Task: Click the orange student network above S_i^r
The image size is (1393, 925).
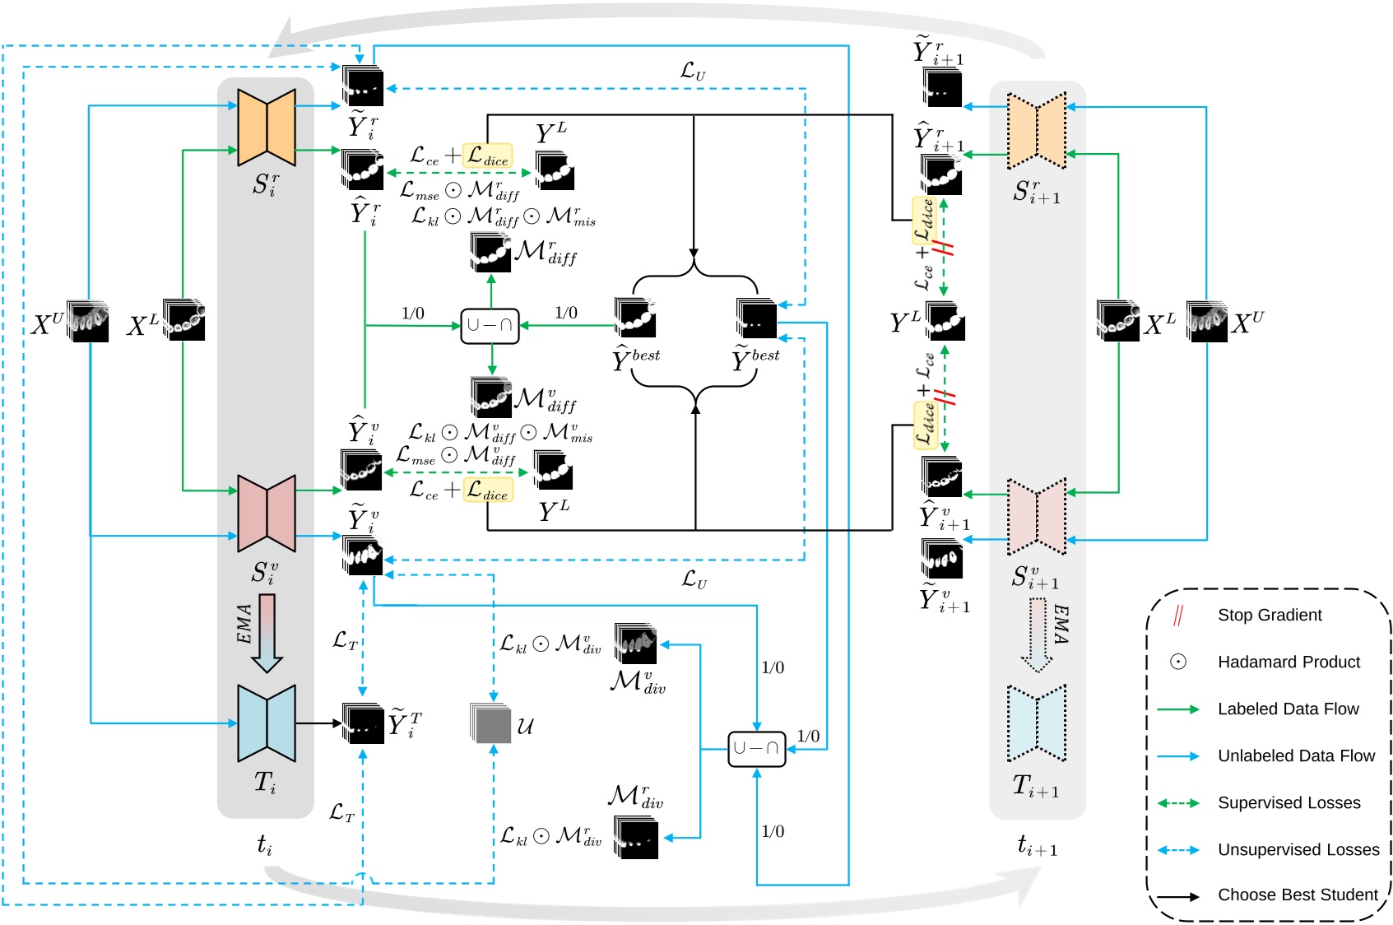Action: pyautogui.click(x=266, y=128)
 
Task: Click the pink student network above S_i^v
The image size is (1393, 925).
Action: pyautogui.click(x=266, y=513)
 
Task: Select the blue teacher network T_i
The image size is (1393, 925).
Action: pyautogui.click(x=266, y=723)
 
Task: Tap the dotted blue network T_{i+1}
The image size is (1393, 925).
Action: pyautogui.click(x=1036, y=723)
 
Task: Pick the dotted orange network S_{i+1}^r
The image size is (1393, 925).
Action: pyautogui.click(x=1036, y=132)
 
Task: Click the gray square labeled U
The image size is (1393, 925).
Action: pyautogui.click(x=491, y=723)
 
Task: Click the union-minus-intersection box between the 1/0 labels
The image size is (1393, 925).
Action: pyautogui.click(x=490, y=325)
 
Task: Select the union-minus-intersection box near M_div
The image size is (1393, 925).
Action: pyautogui.click(x=756, y=748)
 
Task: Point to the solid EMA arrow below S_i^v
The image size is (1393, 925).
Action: pyautogui.click(x=267, y=632)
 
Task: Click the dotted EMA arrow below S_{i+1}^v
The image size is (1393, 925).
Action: pyautogui.click(x=1037, y=634)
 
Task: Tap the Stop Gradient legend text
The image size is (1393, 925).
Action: pyautogui.click(x=1270, y=615)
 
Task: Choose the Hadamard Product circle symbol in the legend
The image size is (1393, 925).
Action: pyautogui.click(x=1177, y=662)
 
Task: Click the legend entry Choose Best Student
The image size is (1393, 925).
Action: pyautogui.click(x=1297, y=895)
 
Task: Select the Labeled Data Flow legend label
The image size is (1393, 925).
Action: pyautogui.click(x=1288, y=709)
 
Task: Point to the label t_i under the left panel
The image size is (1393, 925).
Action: pyautogui.click(x=264, y=844)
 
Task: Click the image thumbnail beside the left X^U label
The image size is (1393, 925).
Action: pyautogui.click(x=88, y=322)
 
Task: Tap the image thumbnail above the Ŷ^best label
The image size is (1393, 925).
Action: pyautogui.click(x=634, y=318)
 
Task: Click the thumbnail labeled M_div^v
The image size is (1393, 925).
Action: pyautogui.click(x=636, y=644)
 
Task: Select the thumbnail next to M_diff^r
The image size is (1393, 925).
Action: pyautogui.click(x=490, y=252)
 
